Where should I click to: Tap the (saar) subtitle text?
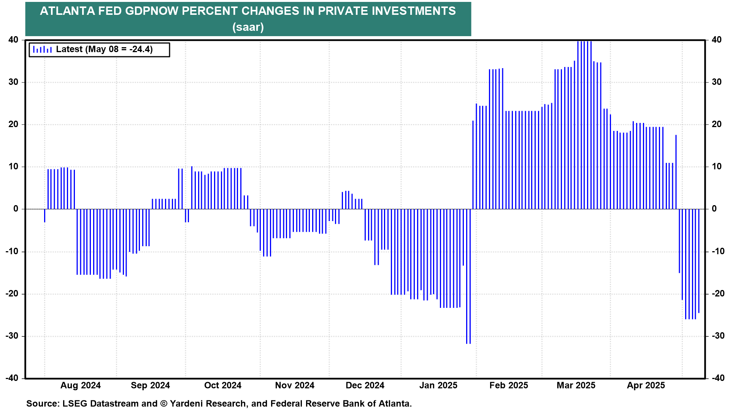[248, 27]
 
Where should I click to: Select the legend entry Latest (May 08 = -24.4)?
[104, 49]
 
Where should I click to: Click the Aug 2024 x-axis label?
[80, 386]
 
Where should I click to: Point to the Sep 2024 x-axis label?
[150, 386]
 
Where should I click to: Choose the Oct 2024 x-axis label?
[222, 386]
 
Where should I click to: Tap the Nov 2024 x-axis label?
[295, 386]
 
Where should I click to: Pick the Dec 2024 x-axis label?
[365, 386]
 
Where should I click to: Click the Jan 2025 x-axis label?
[438, 386]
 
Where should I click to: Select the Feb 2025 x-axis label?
[508, 386]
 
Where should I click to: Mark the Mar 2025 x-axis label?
[576, 386]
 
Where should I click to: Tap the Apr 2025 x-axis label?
[646, 386]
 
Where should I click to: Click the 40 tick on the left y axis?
[13, 40]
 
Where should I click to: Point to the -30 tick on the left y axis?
[12, 336]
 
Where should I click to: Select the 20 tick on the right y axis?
[716, 124]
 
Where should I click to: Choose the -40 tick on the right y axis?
[718, 378]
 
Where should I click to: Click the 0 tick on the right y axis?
[714, 209]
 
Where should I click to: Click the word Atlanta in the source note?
[395, 404]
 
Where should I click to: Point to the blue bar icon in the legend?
[42, 49]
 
